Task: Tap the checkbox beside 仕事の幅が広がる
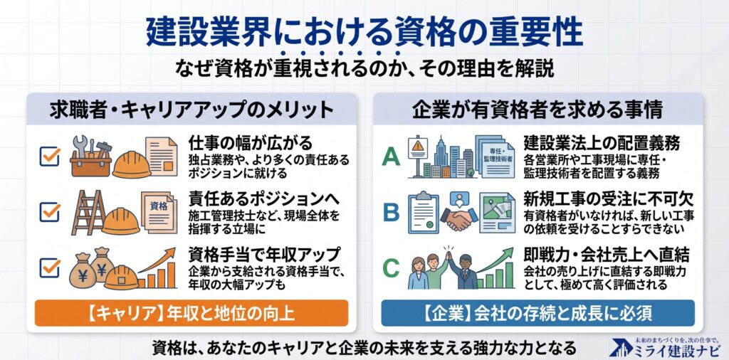point(50,157)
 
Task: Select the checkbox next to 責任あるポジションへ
point(50,212)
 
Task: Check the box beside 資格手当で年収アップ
point(50,268)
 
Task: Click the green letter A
point(391,157)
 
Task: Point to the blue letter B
point(391,212)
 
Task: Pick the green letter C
point(391,268)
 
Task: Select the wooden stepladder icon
point(88,212)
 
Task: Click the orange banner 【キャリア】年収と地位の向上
point(192,312)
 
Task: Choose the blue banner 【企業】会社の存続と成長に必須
point(538,312)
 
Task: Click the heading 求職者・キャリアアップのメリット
point(192,110)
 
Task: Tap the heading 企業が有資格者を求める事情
point(537,110)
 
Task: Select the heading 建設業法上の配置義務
point(602,142)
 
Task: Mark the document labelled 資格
point(159,211)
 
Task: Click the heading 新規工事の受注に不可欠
point(609,198)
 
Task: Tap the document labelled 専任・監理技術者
point(495,157)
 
